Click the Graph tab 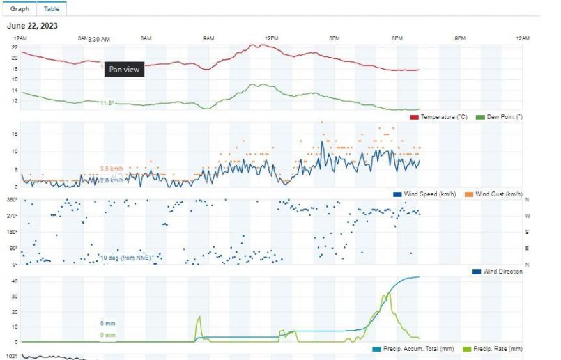click(20, 9)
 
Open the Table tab click(52, 9)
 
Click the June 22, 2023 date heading click(32, 26)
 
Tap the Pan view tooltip click(124, 70)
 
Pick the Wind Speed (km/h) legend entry click(424, 194)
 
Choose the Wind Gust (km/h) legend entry click(498, 194)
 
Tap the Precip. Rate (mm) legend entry click(493, 348)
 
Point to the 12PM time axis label click(272, 38)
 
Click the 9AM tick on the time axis click(209, 38)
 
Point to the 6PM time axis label click(397, 38)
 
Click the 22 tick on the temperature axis click(14, 47)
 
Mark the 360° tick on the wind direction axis click(12, 200)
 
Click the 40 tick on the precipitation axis click(13, 281)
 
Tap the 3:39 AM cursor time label click(98, 40)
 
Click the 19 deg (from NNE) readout click(125, 258)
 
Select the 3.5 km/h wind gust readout click(112, 169)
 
